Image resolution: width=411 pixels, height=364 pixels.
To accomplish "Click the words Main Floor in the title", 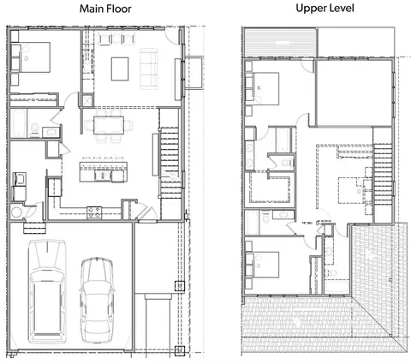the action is point(105,9).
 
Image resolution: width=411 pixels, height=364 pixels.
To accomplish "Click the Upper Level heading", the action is point(325,8).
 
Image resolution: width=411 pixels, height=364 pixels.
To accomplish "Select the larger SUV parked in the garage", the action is point(47,291).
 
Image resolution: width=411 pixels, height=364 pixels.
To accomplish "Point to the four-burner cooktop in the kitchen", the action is point(94,212).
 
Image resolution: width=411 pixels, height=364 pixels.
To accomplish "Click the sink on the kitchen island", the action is point(103,176).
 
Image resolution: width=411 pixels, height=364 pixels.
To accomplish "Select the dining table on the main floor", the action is point(109,125).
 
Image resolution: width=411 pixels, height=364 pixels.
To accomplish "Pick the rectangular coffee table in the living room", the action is point(120,69).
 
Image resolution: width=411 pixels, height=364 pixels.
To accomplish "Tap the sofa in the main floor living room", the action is point(149,69).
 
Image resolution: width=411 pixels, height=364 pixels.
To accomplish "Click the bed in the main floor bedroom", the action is point(31,57).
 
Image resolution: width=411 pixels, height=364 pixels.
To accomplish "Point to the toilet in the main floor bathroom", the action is point(35,130).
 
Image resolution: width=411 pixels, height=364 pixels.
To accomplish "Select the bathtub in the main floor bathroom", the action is point(19,123).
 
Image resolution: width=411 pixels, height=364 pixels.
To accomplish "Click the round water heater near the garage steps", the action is point(16,212).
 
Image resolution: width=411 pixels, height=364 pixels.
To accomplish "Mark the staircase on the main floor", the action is point(170,163).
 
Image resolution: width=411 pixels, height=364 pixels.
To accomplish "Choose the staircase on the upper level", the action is point(383,174).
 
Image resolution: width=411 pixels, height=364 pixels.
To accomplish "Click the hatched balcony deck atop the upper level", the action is point(279,42).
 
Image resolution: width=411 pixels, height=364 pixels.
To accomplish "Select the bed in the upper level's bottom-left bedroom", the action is point(262,265).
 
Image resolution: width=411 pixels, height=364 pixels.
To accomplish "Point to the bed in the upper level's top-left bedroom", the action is point(262,88).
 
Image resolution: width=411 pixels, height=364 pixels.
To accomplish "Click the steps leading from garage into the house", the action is point(34,228).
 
